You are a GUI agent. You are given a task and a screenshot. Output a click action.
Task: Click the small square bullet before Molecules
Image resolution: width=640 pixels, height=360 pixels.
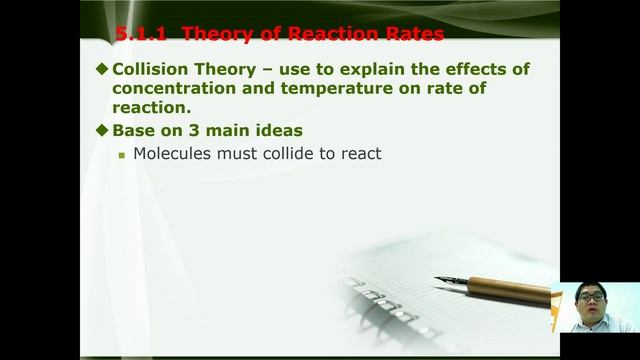(122, 156)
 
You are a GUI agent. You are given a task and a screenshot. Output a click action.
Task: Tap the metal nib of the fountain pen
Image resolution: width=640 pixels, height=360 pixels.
(450, 281)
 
